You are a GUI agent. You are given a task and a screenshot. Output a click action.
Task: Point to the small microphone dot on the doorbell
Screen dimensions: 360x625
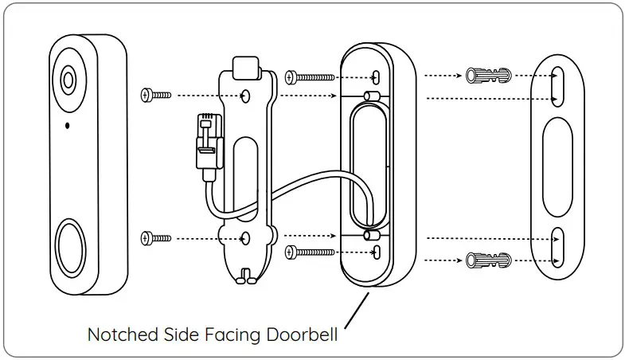tap(67, 125)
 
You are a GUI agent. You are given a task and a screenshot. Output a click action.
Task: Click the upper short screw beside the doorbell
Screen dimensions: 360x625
tap(156, 95)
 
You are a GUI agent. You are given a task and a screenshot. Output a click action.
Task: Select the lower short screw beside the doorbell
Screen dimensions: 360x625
tap(156, 237)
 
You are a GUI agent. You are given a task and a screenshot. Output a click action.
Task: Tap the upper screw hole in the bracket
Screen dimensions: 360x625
tap(247, 96)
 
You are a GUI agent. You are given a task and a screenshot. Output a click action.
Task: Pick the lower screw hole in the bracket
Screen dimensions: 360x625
tap(247, 237)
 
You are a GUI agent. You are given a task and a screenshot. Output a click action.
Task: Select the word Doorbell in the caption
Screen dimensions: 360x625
tap(305, 335)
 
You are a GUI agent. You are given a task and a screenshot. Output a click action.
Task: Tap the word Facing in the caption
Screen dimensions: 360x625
tap(231, 335)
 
